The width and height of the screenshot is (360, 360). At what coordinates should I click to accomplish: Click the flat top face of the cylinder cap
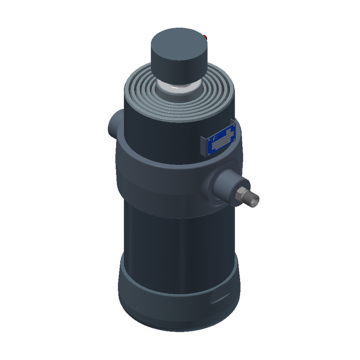pos(178,44)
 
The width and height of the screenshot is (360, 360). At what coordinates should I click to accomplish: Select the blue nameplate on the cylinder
pos(219,141)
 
